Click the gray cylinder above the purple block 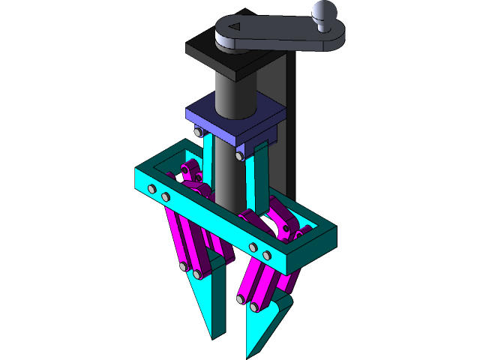pos(235,90)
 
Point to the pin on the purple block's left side pos(197,133)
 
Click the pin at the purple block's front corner pos(238,156)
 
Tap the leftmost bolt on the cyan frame pos(152,188)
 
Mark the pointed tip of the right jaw pos(249,355)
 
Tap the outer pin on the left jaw pos(182,266)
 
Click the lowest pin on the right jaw pos(255,307)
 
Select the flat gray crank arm pos(277,35)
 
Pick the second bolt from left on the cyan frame pos(166,196)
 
